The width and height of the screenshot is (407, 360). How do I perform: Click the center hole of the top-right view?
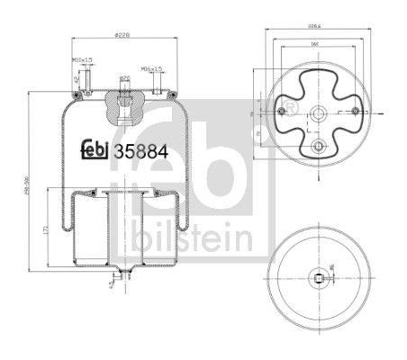pyautogui.click(x=316, y=113)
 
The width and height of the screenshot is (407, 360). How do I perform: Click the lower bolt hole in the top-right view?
pyautogui.click(x=316, y=145)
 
